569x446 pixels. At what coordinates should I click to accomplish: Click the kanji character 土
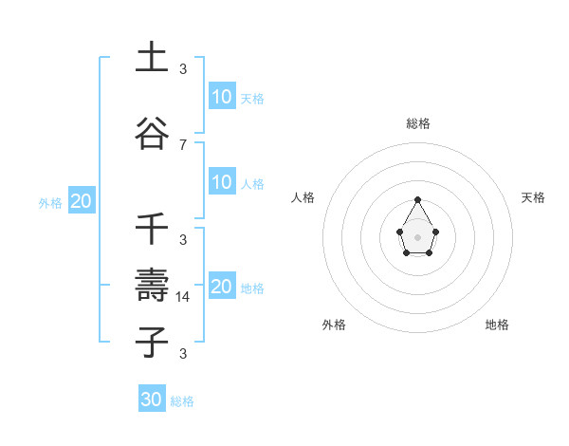click(x=152, y=59)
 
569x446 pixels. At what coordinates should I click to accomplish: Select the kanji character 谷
click(x=152, y=133)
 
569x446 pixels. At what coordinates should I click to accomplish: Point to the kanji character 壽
click(x=152, y=286)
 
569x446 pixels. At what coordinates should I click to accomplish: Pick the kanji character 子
click(x=152, y=342)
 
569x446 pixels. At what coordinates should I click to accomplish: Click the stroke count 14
click(x=184, y=296)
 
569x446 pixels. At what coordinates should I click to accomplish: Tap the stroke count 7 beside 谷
click(x=183, y=144)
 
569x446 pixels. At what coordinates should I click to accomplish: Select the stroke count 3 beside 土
click(x=183, y=69)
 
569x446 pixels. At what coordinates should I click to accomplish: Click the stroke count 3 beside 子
click(x=183, y=354)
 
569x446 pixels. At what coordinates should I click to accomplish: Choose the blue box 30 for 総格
click(x=152, y=400)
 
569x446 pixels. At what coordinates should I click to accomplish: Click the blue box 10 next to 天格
click(x=222, y=97)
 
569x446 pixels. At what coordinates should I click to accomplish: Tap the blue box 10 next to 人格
click(x=222, y=182)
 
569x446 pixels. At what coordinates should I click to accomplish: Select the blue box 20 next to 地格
click(x=222, y=287)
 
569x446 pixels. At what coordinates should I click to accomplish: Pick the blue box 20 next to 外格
click(x=82, y=201)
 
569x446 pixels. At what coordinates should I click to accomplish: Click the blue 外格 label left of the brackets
click(x=50, y=202)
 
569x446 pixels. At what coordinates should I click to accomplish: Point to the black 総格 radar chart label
click(x=418, y=123)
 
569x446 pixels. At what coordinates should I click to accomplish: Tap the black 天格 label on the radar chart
click(x=534, y=197)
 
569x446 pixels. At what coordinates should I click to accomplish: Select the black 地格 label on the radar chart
click(x=497, y=325)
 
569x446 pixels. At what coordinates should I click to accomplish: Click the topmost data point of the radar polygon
click(x=418, y=199)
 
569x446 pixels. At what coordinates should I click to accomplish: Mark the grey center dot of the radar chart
click(x=418, y=236)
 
